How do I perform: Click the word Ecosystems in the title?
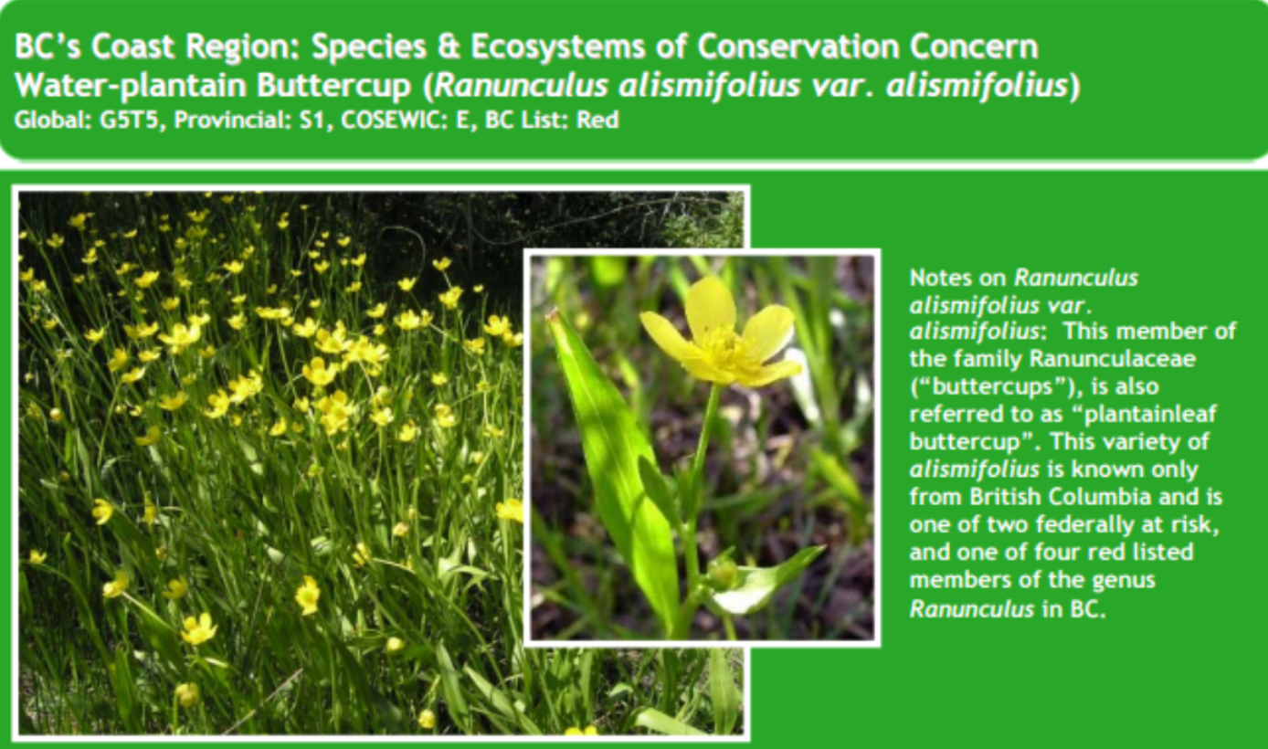click(557, 47)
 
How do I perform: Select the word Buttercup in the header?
click(334, 86)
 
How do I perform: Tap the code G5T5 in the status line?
click(129, 120)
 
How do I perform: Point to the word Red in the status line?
click(597, 120)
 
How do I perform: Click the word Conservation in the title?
click(798, 47)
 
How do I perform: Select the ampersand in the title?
click(449, 47)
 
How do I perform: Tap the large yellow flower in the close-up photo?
click(720, 334)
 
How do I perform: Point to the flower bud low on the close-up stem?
click(723, 573)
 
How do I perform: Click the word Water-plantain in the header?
click(131, 86)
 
